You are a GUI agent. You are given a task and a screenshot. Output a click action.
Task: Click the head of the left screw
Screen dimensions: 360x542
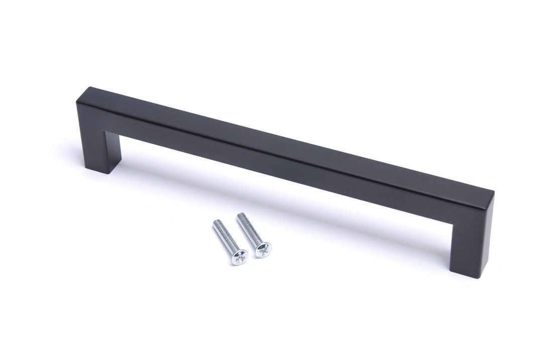click(x=239, y=257)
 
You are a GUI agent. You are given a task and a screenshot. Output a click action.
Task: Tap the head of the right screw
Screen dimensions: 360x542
click(x=263, y=249)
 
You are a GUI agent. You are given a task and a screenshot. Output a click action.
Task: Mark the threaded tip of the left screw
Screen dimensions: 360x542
click(x=216, y=223)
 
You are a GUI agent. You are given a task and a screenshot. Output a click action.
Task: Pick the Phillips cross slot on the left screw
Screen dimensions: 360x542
click(x=240, y=257)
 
